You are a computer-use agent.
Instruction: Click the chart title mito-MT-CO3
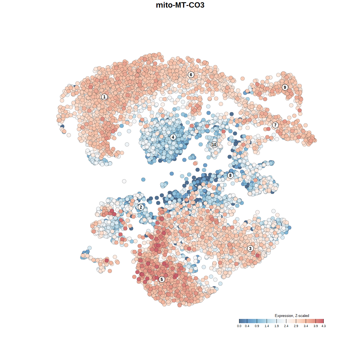[180, 5]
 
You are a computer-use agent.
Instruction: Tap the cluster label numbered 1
[104, 97]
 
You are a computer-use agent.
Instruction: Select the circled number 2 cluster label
[141, 207]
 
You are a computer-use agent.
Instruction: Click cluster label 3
[250, 248]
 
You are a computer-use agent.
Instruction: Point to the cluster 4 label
[173, 137]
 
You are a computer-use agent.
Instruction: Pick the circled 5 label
[162, 279]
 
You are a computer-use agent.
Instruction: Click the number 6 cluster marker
[191, 75]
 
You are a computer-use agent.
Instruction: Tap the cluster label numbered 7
[275, 125]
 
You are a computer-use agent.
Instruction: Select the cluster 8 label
[230, 175]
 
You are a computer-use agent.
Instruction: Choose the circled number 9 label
[285, 87]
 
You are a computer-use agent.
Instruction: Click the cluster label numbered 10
[214, 145]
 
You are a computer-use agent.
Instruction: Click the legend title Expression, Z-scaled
[292, 316]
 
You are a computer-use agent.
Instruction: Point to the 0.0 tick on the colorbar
[239, 326]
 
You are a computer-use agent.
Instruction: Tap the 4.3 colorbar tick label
[323, 326]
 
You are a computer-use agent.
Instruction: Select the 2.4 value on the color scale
[286, 326]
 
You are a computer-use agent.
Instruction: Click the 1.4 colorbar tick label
[267, 326]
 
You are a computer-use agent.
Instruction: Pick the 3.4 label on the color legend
[306, 326]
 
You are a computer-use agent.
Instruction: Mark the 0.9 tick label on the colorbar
[257, 326]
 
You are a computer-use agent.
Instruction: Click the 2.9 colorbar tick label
[296, 326]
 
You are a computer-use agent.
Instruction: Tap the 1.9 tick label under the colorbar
[276, 326]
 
